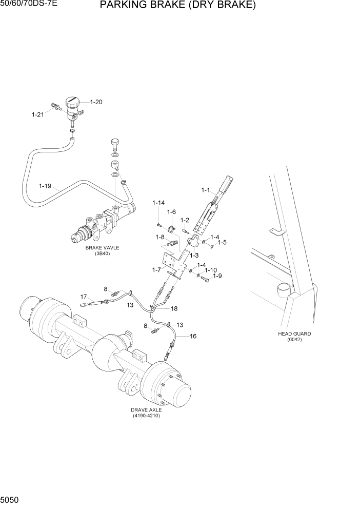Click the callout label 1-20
pos(96,102)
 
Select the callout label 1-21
pos(38,114)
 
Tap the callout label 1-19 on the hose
pos(46,185)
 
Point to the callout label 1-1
pos(206,190)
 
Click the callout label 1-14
pos(158,203)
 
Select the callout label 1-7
pos(157,269)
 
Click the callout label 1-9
pos(217,276)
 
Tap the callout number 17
pos(83,296)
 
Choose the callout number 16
pos(193,336)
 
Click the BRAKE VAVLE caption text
pos(102,247)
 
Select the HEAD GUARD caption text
pos(294,334)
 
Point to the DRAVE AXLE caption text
pos(146,410)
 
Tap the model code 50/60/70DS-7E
pos(28,5)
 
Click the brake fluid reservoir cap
pos(71,101)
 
